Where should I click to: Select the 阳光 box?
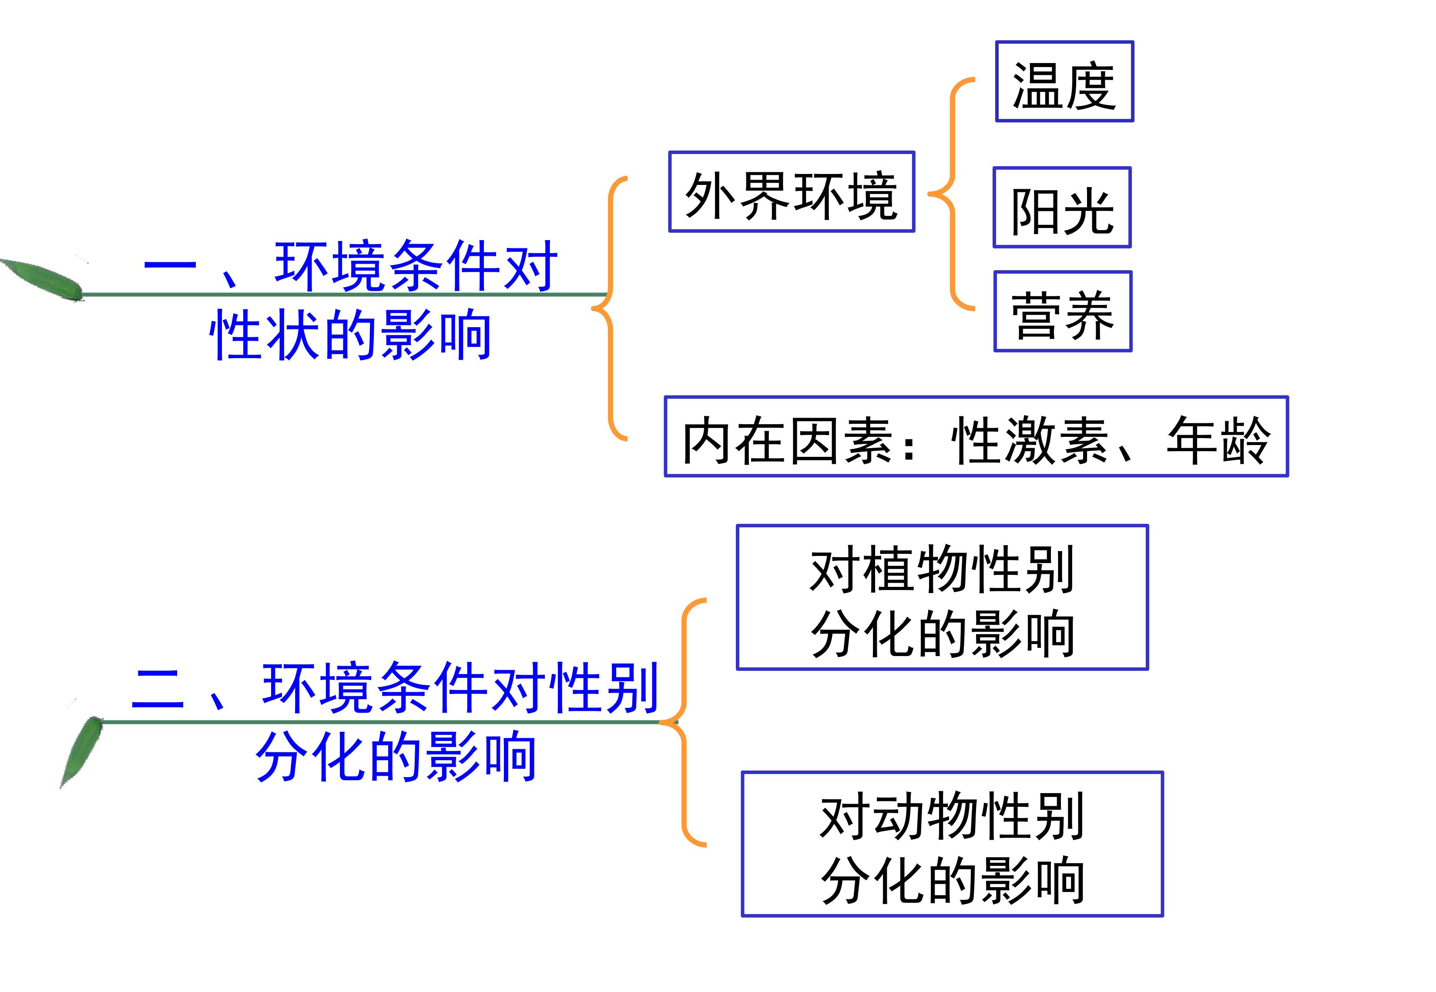[1061, 208]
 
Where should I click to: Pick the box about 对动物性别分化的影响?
[951, 844]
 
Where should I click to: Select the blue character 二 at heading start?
[158, 689]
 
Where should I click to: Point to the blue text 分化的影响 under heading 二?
[396, 756]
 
